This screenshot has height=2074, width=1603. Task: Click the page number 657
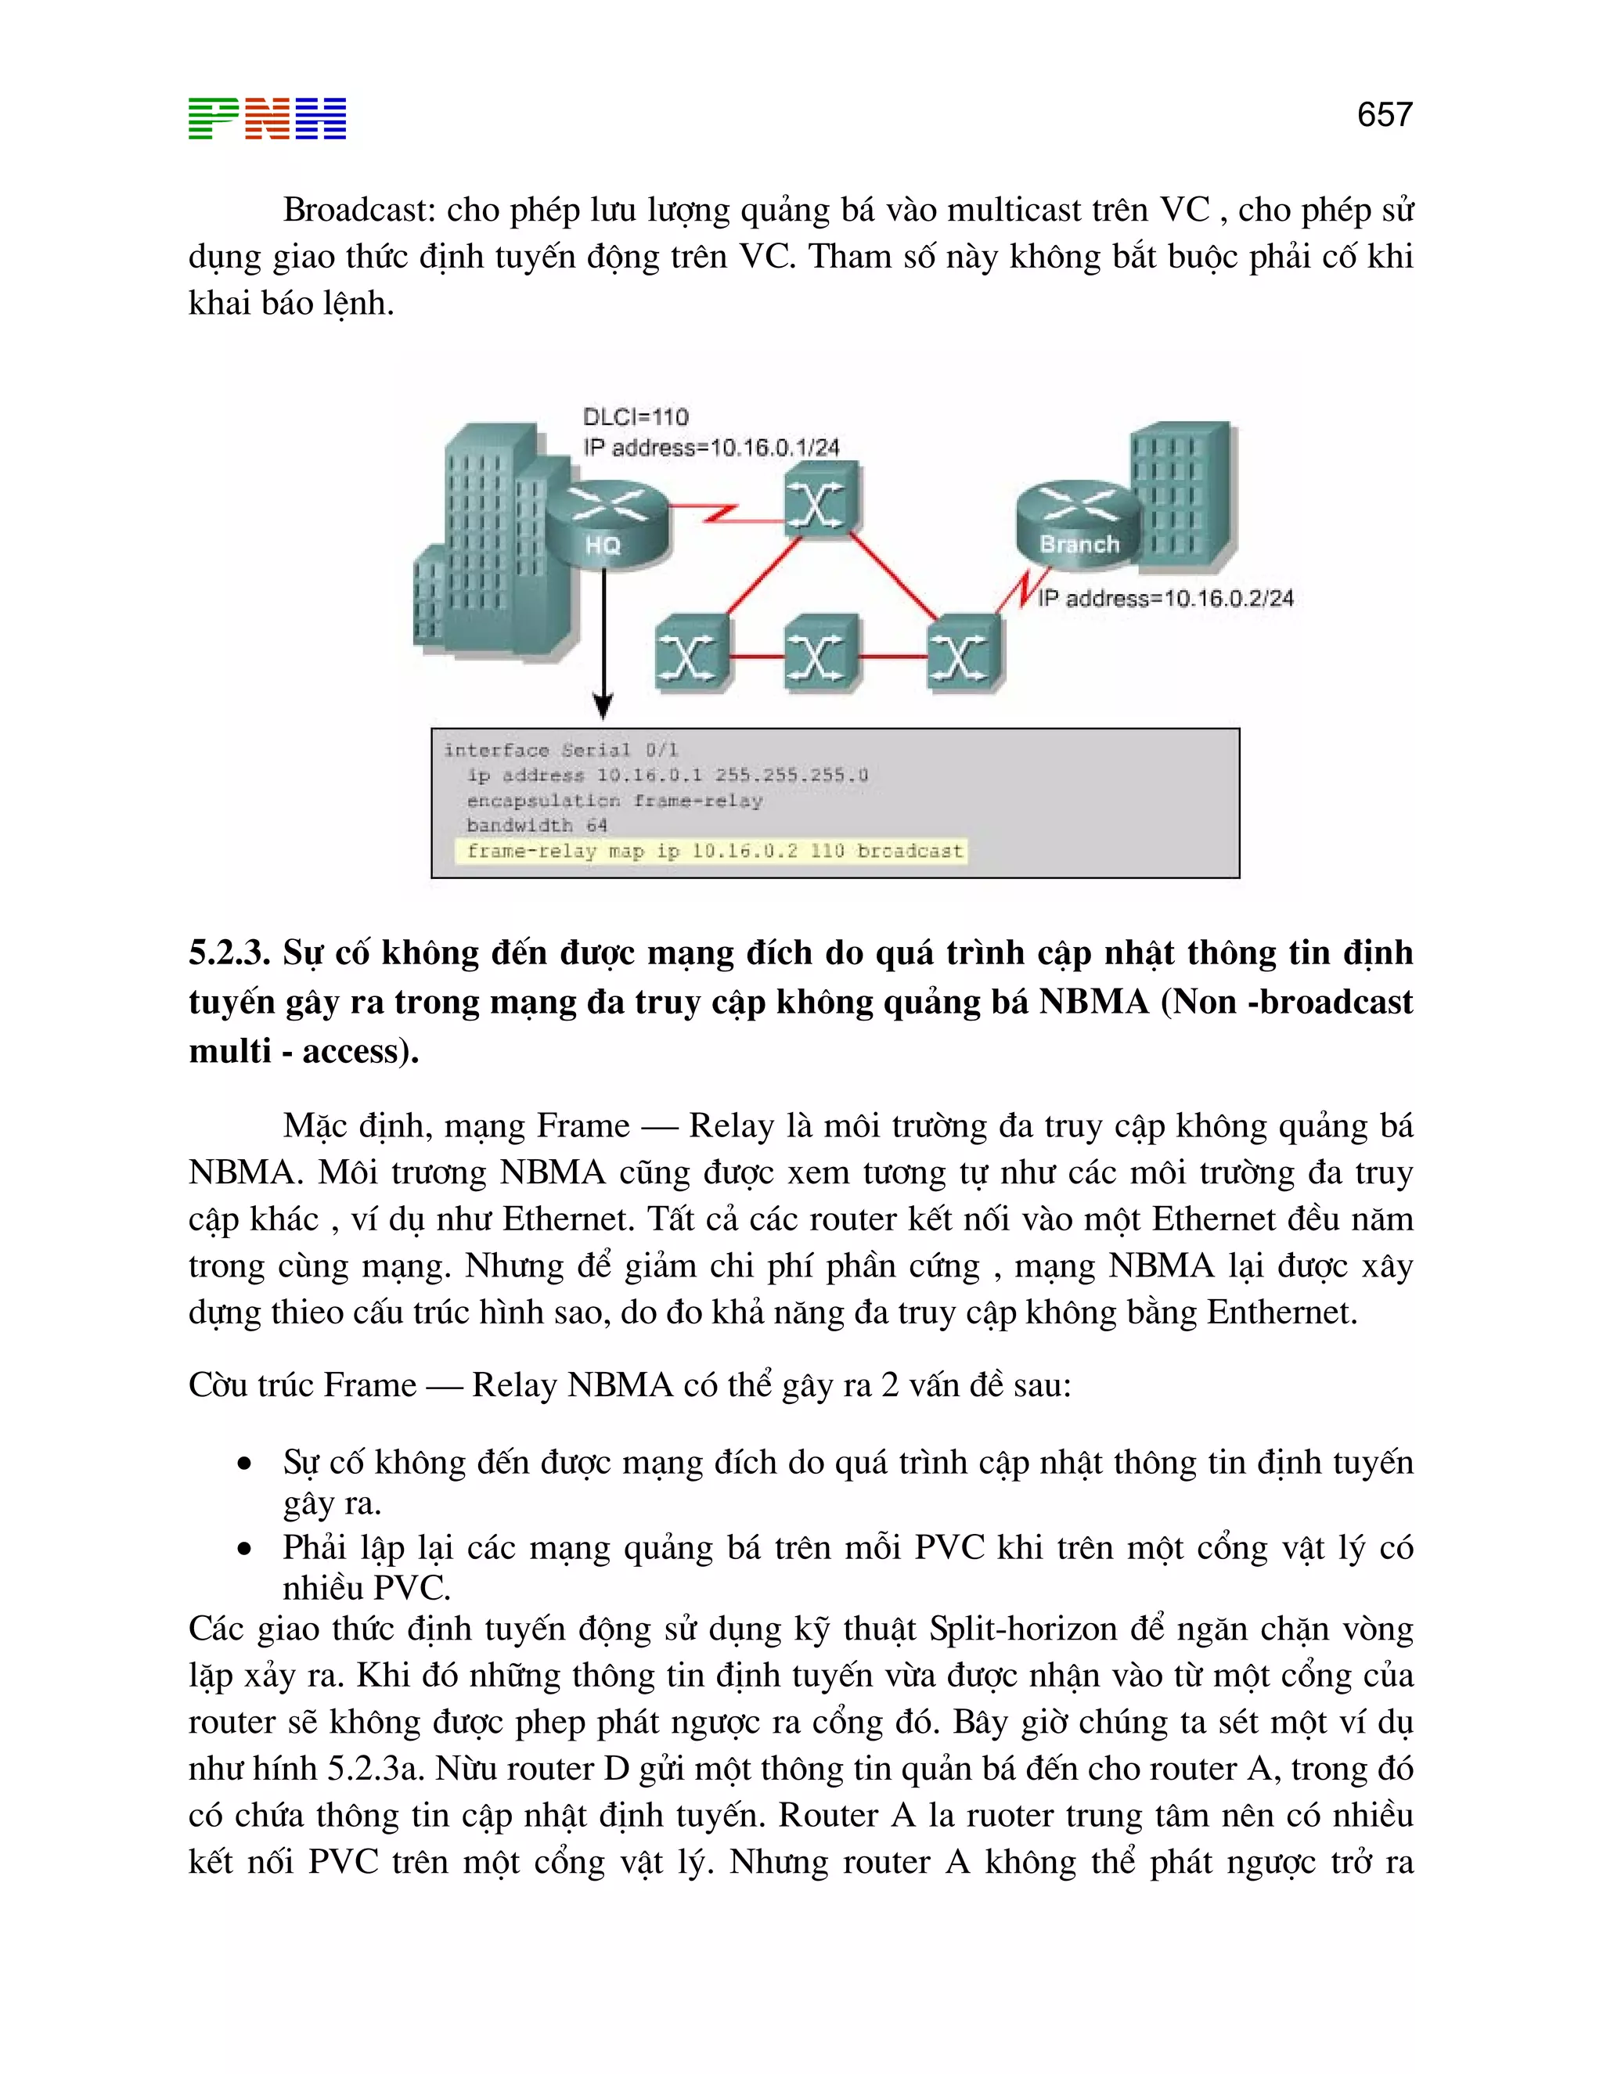coord(1384,115)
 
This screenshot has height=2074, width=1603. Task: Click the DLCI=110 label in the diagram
coord(636,417)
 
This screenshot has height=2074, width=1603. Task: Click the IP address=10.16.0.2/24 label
coord(1165,598)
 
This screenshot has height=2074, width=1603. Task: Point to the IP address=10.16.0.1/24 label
coord(711,447)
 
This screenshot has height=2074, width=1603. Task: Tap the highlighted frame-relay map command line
coord(713,851)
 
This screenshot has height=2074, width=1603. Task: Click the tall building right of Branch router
coord(1183,499)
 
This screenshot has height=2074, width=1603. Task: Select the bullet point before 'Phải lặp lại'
coord(245,1549)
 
